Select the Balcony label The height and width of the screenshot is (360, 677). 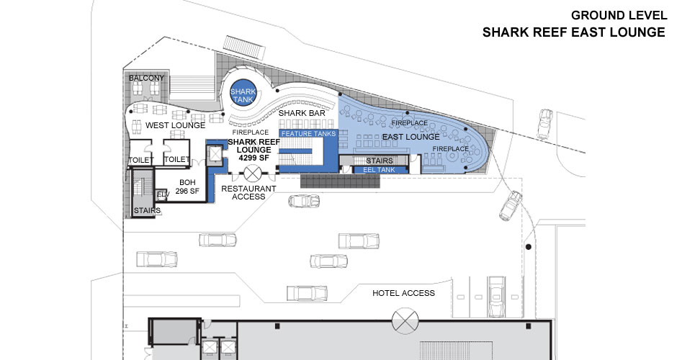(147, 78)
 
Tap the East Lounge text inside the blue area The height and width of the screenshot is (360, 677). (412, 137)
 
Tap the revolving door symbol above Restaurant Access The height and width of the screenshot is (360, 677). (253, 173)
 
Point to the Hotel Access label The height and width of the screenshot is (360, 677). (403, 293)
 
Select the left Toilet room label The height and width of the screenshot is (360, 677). (140, 160)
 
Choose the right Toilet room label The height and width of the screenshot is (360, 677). (177, 160)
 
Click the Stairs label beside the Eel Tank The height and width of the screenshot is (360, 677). (379, 161)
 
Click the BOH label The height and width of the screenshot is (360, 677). (187, 183)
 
